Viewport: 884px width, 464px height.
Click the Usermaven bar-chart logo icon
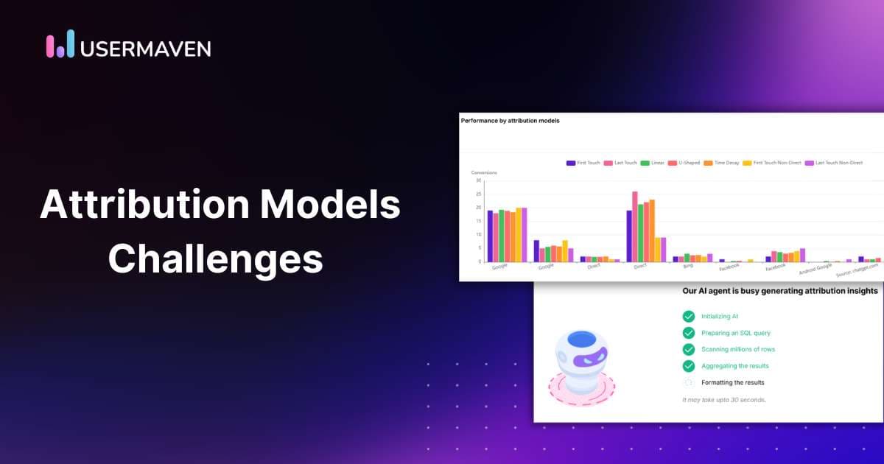60,44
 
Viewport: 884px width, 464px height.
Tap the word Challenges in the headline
216,259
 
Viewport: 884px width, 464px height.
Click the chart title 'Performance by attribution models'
510,120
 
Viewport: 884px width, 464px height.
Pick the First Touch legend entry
583,163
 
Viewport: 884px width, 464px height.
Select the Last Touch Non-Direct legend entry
833,163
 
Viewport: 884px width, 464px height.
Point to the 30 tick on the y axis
478,180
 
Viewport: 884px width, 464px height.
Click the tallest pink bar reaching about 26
635,226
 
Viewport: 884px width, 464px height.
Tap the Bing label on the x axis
688,266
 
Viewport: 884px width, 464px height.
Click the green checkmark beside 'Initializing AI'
689,316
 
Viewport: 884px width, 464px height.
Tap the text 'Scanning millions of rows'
738,349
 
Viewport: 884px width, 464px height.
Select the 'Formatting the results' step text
733,382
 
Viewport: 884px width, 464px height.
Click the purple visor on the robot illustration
586,359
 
